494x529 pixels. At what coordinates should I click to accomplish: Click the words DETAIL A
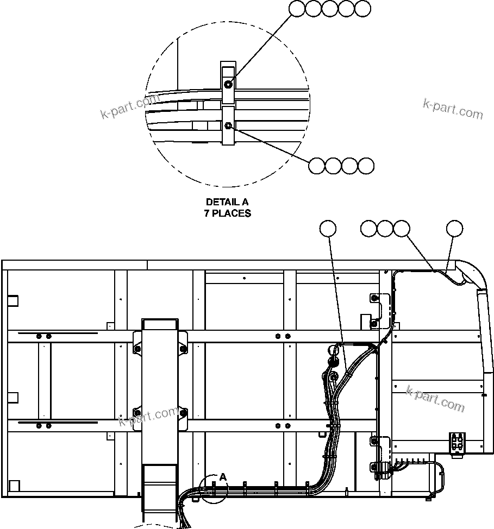point(227,203)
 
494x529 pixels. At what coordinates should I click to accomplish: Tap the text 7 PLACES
point(227,213)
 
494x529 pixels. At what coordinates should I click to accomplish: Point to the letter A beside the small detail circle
point(222,477)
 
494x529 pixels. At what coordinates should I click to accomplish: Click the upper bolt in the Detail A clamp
point(228,84)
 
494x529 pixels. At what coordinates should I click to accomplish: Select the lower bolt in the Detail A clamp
point(228,126)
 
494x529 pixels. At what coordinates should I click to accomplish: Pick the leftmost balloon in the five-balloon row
point(297,8)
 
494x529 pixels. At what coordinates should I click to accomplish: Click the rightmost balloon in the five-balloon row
point(362,8)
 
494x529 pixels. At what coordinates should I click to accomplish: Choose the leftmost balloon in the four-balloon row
point(316,166)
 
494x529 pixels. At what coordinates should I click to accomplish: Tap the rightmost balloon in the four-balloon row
point(366,166)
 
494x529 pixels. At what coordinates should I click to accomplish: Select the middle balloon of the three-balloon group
point(385,229)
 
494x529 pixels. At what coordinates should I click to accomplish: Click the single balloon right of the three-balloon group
point(454,229)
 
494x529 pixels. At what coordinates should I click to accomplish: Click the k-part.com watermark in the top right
point(453,109)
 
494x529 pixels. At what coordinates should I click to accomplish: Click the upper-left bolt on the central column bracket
point(137,348)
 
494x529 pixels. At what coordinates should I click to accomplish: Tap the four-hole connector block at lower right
point(458,442)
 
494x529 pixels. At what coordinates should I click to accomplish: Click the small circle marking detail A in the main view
point(212,489)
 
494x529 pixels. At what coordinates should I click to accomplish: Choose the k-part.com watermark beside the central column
point(148,415)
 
